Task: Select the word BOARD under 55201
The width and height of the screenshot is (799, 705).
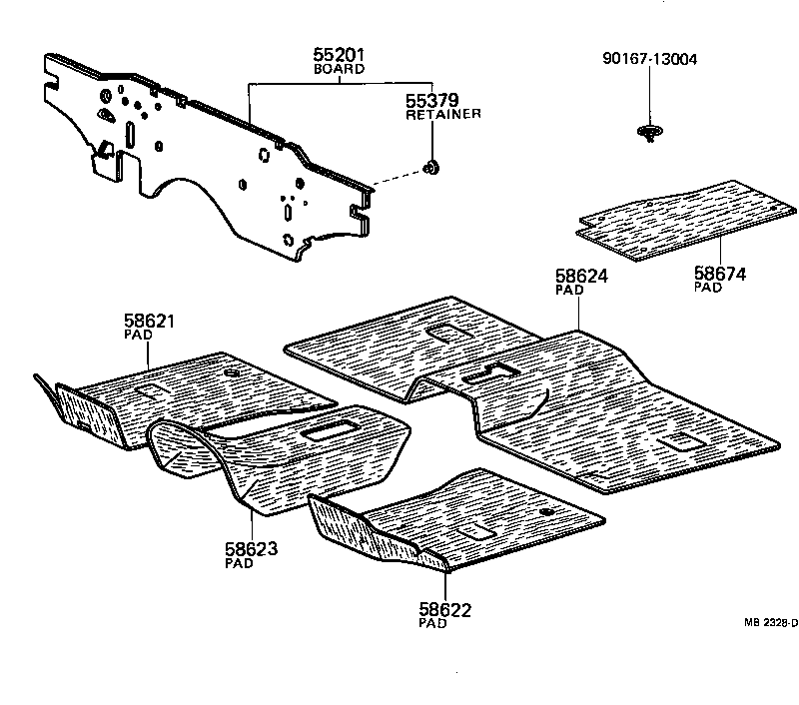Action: [339, 70]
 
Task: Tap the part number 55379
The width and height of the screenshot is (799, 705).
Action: [432, 101]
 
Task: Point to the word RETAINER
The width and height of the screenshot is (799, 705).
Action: [442, 115]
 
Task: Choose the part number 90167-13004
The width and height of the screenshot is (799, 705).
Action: [650, 59]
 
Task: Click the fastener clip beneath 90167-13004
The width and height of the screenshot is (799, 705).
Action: [650, 132]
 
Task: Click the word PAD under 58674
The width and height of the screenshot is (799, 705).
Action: [707, 287]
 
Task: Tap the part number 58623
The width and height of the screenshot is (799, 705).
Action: [251, 548]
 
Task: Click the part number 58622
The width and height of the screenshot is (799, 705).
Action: [445, 609]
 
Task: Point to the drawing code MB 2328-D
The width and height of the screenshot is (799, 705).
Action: [770, 622]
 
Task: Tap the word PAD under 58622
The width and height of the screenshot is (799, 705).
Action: [432, 623]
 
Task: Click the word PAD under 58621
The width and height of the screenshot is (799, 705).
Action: [137, 335]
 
